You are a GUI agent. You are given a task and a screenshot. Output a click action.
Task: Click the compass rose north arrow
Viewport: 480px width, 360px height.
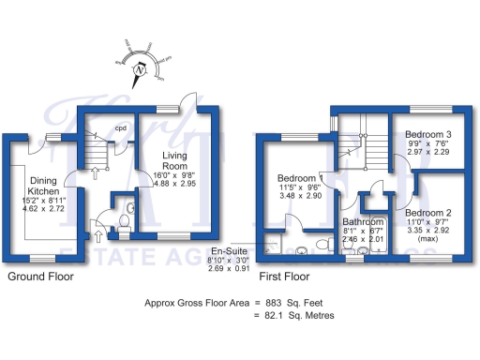pos(141,67)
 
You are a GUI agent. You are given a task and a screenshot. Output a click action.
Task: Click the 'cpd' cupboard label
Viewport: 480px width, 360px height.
pos(121,127)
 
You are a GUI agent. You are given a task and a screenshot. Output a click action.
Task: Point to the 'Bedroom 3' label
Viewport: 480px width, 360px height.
pos(428,134)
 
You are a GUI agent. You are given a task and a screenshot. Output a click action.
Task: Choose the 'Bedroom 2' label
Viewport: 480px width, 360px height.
pos(428,214)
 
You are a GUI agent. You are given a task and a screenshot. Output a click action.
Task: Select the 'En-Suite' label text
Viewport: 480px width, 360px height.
pos(229,251)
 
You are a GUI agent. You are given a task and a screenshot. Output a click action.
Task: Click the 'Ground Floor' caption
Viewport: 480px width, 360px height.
pos(40,277)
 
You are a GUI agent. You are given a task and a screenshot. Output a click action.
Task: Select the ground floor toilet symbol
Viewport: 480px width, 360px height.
pos(124,220)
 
